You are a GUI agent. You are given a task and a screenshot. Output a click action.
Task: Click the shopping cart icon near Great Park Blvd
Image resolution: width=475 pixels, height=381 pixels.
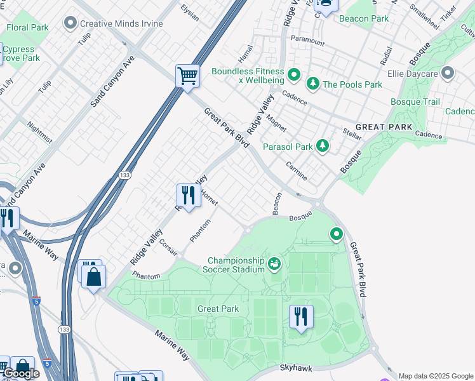187,77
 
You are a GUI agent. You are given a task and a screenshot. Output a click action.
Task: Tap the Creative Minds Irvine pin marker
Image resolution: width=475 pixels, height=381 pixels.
70,23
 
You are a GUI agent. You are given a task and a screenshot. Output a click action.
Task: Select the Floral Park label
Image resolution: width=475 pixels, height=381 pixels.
27,28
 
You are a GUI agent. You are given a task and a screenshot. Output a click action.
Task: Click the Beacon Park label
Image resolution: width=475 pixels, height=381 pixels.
363,18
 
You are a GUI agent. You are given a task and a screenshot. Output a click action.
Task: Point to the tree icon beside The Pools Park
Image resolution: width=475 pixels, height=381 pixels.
312,84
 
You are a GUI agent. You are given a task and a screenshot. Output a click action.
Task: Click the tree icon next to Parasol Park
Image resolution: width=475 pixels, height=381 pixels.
323,147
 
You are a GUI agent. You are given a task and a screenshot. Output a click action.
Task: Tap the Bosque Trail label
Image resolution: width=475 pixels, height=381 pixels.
415,102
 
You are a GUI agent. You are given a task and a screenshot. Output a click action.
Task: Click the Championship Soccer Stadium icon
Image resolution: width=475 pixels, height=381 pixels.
274,263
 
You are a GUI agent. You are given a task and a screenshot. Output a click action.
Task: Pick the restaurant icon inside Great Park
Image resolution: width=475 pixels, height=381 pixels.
301,316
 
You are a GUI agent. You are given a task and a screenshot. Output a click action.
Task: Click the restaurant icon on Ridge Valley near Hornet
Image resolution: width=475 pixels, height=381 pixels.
188,195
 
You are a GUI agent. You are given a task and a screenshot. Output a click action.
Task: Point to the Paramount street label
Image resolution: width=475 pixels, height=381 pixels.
307,43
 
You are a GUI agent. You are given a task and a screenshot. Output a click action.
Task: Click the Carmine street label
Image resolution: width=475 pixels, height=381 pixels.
296,170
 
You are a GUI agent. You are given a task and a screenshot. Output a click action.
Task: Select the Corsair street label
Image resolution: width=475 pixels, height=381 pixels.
168,247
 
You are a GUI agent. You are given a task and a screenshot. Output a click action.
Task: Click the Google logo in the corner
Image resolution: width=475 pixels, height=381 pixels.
21,374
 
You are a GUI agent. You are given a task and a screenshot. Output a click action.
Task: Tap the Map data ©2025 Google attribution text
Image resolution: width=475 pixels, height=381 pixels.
436,376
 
